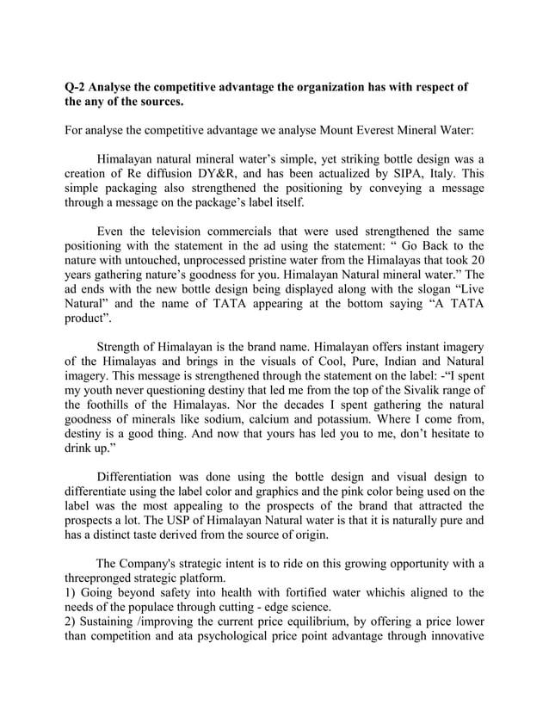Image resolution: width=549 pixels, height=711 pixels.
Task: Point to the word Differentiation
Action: (139, 480)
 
